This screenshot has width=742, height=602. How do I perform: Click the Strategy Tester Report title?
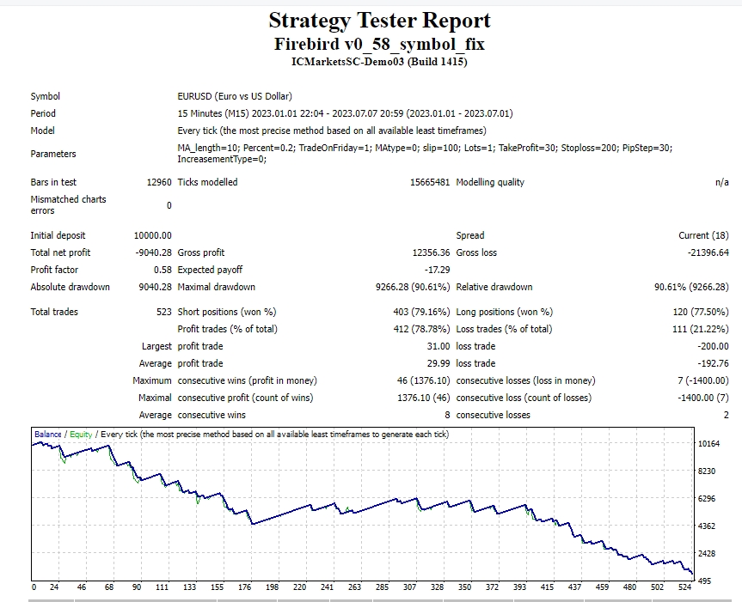(x=379, y=21)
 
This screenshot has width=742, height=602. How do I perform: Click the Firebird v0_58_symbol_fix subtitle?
(x=379, y=43)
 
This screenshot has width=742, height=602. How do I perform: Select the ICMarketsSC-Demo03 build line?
(x=379, y=61)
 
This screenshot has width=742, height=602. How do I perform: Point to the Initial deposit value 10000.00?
(x=153, y=235)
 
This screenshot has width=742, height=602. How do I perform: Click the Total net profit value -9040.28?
(x=153, y=252)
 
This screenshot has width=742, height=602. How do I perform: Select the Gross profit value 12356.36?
(x=431, y=252)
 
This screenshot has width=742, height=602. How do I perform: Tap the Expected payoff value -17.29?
(x=437, y=270)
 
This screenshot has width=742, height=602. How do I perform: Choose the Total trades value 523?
(x=163, y=312)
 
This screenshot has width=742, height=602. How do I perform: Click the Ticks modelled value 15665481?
(x=430, y=182)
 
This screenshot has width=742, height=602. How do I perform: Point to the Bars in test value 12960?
(x=159, y=182)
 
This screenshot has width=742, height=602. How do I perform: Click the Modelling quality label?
(x=490, y=182)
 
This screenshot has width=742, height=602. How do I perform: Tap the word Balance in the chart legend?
(x=48, y=435)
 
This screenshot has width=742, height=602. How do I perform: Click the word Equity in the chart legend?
(x=81, y=435)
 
